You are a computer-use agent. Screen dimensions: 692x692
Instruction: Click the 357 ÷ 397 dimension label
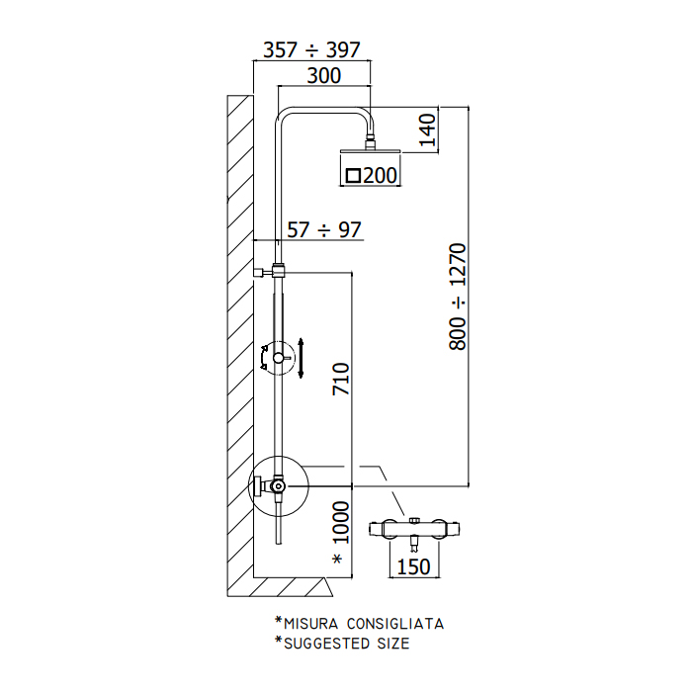click(311, 49)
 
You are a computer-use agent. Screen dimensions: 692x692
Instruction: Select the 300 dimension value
click(324, 76)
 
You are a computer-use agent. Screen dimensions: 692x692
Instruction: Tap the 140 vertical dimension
click(427, 130)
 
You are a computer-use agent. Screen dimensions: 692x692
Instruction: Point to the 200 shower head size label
click(381, 175)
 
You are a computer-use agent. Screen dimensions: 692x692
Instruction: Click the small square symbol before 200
click(353, 176)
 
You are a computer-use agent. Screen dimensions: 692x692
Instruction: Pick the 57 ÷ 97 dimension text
click(324, 230)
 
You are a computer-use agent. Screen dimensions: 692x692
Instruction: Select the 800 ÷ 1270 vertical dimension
click(457, 297)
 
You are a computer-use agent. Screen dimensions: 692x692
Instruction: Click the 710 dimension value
click(341, 379)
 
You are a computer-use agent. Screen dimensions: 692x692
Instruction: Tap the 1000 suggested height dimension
click(341, 522)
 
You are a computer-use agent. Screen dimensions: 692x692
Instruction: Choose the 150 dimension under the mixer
click(413, 566)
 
